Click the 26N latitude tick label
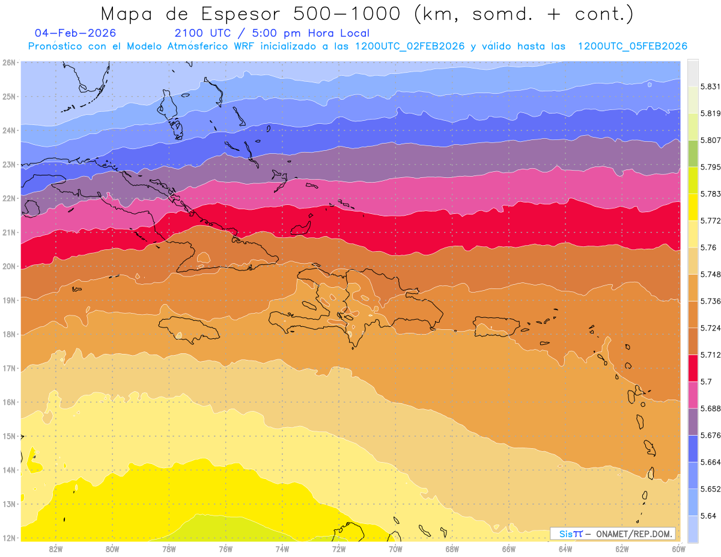(x=8, y=62)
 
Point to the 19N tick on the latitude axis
(x=8, y=300)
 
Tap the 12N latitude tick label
(x=8, y=538)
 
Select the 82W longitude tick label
(x=56, y=549)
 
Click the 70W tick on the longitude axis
(x=395, y=549)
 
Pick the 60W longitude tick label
(x=678, y=549)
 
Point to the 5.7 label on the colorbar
(x=707, y=382)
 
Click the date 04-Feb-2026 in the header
(x=76, y=33)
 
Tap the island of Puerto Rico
(x=496, y=326)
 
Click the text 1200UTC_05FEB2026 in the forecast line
(x=632, y=46)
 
